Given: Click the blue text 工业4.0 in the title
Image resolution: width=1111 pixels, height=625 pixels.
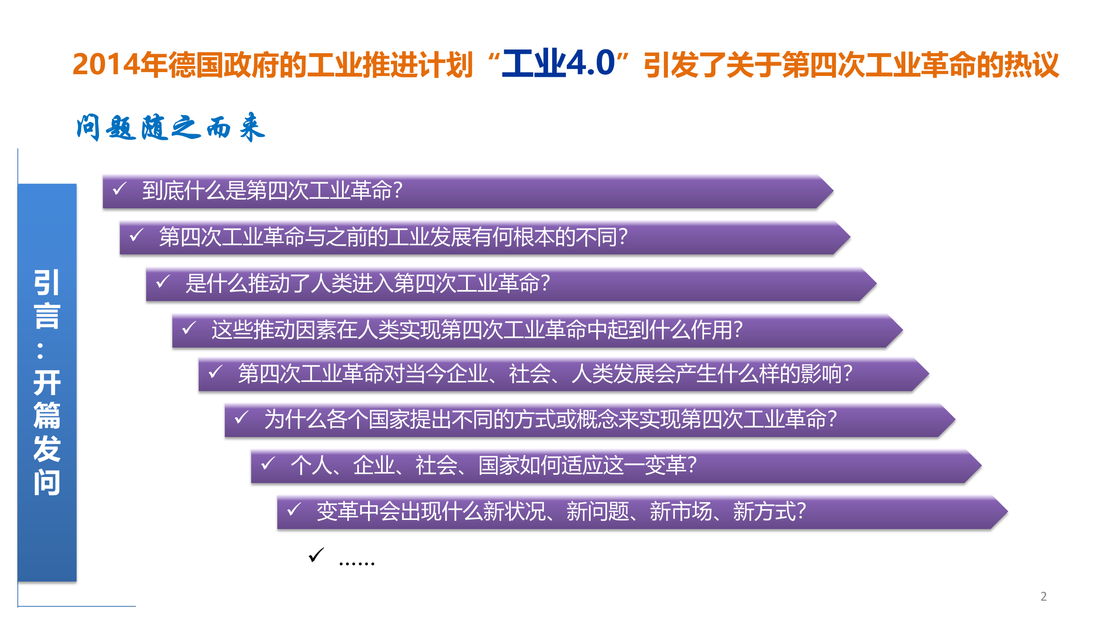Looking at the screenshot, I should click(x=559, y=63).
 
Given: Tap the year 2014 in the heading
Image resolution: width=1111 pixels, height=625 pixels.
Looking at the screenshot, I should click(x=106, y=64).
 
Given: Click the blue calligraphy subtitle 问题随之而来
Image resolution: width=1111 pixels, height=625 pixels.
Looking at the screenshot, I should click(x=170, y=128).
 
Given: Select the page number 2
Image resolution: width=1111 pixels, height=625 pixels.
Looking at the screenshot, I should click(x=1043, y=596).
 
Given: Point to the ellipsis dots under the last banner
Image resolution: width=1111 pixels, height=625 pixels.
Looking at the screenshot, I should click(x=356, y=563).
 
